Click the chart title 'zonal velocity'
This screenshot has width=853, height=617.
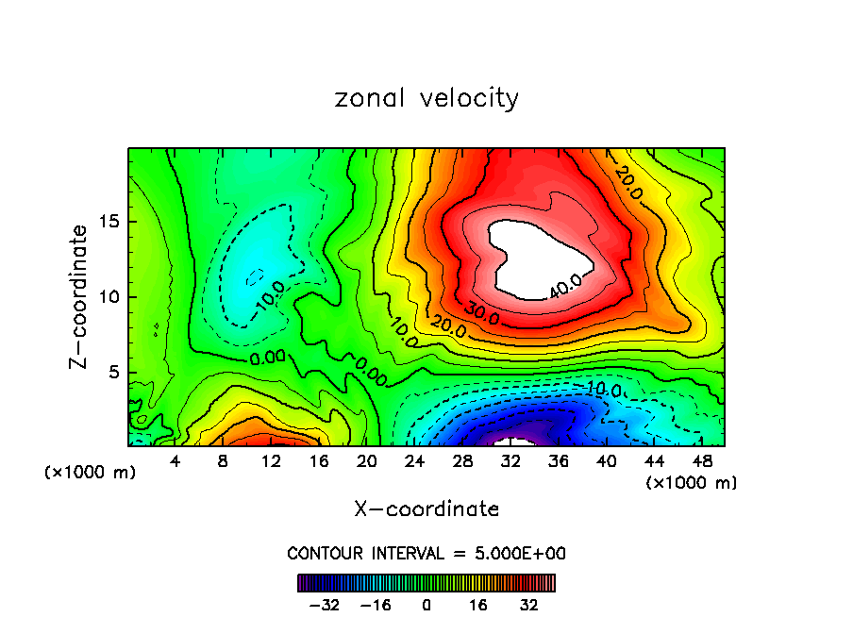click(426, 98)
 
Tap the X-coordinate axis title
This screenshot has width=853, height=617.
click(426, 509)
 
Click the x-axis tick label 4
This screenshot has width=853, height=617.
click(175, 462)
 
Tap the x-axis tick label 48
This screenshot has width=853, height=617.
click(702, 462)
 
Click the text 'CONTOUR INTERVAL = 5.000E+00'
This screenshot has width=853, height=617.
click(426, 554)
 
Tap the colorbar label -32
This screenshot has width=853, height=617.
click(322, 605)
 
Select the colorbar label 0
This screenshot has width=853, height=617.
click(426, 605)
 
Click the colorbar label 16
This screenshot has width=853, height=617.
click(478, 605)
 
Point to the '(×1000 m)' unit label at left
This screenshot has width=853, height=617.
click(91, 473)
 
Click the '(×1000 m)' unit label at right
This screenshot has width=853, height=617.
click(692, 483)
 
